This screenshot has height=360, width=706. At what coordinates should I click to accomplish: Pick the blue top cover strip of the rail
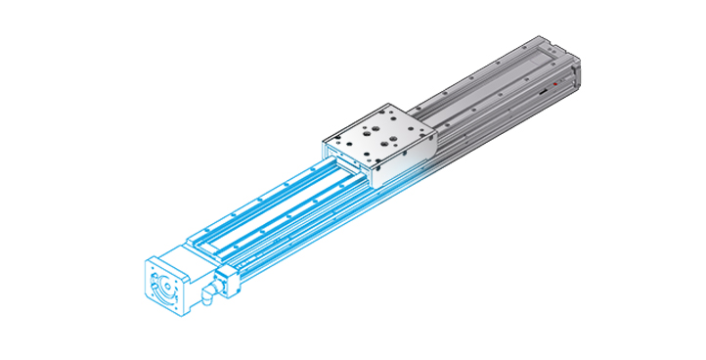264,209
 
